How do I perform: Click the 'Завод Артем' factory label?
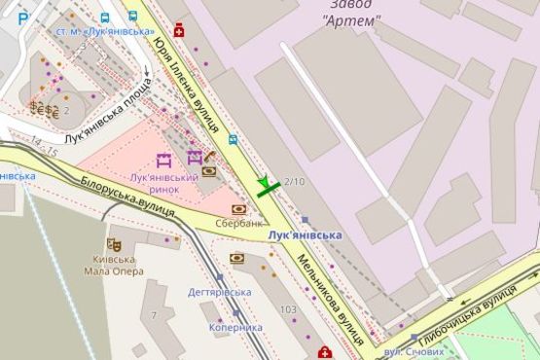pos(349,13)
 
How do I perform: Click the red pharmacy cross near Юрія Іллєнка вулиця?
pos(179,31)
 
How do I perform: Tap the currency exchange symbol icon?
pos(43,106)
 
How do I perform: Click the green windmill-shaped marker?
pos(268,185)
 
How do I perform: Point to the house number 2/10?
pos(294,182)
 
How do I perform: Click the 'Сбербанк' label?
pos(238,223)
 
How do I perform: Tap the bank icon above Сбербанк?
pos(238,208)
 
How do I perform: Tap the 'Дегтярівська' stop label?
pos(220,292)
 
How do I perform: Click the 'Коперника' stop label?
pos(235,328)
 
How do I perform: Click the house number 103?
pos(287,309)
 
